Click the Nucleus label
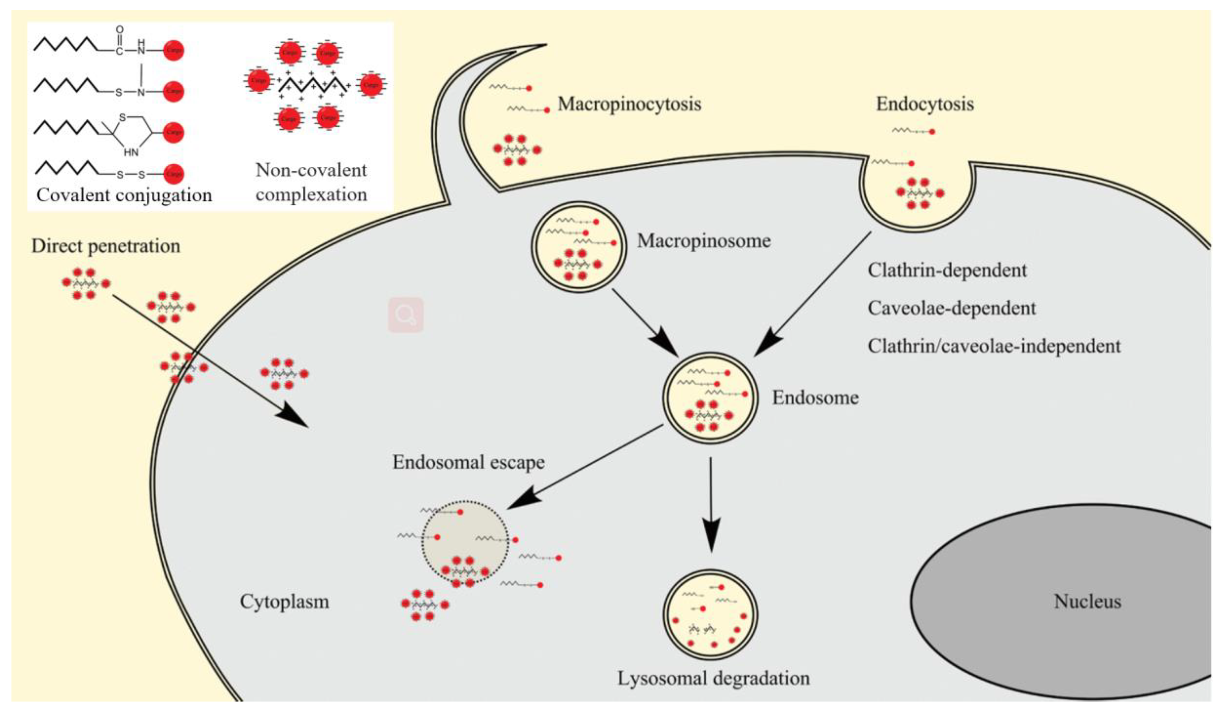[x=1087, y=602]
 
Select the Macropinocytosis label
[x=629, y=104]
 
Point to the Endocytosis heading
[x=925, y=104]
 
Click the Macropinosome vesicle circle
[x=579, y=247]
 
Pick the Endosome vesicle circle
[x=710, y=398]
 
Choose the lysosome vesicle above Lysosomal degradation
[x=710, y=614]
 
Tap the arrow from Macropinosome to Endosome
[x=645, y=323]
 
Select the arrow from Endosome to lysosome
[x=711, y=505]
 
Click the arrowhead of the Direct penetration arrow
[x=293, y=417]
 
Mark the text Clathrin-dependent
[x=947, y=270]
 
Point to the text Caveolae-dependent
[x=951, y=308]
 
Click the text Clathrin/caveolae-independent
[x=994, y=346]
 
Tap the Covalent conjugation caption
[x=124, y=195]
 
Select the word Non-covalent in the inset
[x=311, y=170]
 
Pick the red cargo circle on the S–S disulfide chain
[x=173, y=173]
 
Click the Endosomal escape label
[x=468, y=462]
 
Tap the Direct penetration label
[x=106, y=246]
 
